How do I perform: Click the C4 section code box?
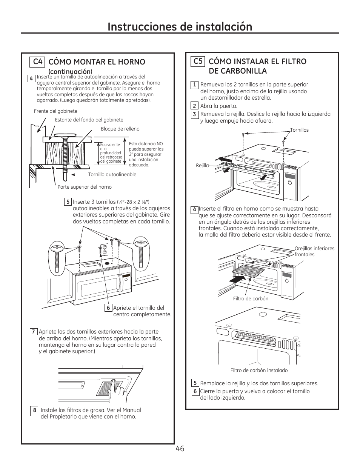(37, 62)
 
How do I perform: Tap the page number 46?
(180, 449)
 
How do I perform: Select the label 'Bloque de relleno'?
(120, 129)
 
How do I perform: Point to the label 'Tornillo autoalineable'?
(112, 175)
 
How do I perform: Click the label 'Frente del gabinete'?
(55, 111)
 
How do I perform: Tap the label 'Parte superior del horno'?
(85, 187)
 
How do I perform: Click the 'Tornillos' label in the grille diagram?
(299, 130)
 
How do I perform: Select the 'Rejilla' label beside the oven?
(202, 166)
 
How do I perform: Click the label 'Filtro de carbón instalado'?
(259, 371)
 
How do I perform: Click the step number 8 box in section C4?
(35, 411)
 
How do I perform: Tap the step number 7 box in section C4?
(33, 332)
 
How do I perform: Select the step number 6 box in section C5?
(195, 392)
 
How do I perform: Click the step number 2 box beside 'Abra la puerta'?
(195, 106)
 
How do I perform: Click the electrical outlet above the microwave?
(105, 249)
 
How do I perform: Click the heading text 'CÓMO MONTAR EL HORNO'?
(97, 62)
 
